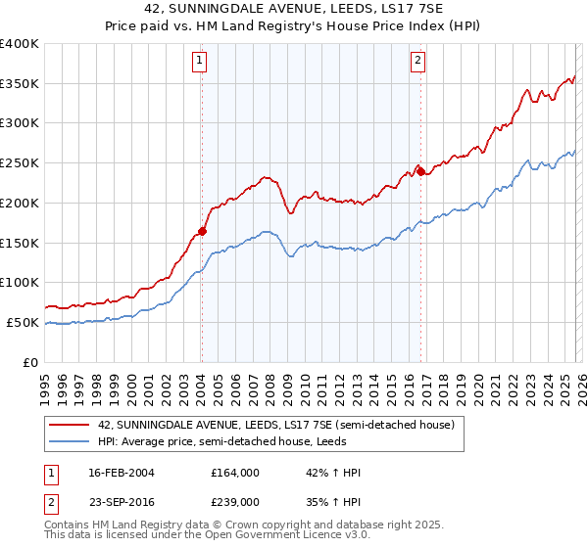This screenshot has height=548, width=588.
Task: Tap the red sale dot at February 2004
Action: [x=202, y=231]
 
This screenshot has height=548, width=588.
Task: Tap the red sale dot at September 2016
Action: [x=420, y=171]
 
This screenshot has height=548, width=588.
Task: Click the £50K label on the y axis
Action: [x=24, y=322]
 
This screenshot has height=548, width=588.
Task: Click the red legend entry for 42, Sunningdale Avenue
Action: [x=275, y=426]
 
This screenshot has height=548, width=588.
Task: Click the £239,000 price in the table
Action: [x=235, y=501]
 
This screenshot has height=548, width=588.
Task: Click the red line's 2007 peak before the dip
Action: [x=265, y=178]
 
